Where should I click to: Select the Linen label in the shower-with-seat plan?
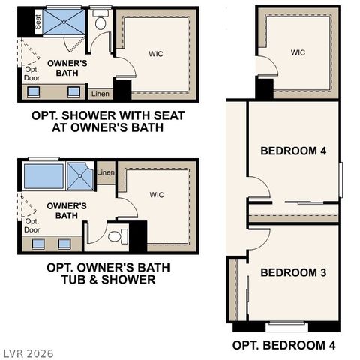(99, 94)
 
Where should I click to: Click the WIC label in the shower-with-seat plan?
(156, 54)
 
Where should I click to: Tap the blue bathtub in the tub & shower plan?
(43, 176)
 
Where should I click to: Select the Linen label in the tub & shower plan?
(106, 173)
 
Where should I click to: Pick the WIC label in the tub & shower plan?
(156, 195)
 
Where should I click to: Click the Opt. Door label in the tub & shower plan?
(31, 226)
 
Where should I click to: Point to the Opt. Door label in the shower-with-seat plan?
(31, 74)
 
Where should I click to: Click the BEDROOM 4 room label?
(293, 151)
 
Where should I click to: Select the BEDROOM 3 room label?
(293, 273)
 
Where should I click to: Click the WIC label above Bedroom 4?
(298, 52)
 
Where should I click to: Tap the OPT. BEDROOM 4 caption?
(283, 344)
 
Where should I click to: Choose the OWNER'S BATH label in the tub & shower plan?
(67, 211)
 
